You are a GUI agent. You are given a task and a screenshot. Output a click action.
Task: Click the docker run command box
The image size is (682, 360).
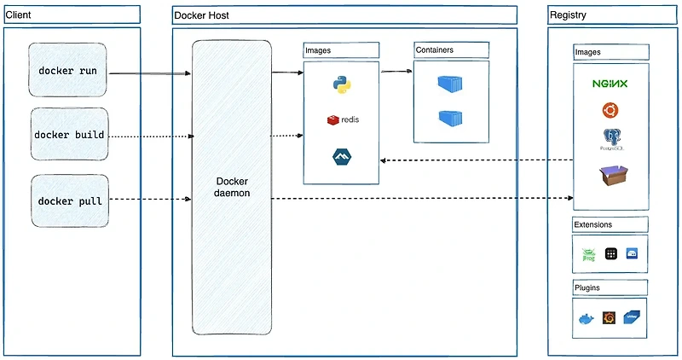(68, 70)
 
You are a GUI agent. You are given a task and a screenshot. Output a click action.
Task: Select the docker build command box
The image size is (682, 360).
(69, 135)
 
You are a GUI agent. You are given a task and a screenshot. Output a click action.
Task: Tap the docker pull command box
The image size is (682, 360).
(70, 200)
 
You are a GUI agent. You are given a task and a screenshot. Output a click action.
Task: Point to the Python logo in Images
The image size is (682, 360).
(342, 84)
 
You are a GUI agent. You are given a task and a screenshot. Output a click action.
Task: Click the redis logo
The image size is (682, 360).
(342, 119)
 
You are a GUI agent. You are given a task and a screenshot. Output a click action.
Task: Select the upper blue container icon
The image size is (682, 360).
(451, 84)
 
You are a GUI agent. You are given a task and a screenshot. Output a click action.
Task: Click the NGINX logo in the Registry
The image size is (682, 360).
(610, 84)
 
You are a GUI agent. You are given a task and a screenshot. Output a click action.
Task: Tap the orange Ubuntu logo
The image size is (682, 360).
(610, 110)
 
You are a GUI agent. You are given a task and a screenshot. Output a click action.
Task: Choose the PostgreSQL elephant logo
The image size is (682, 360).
(610, 139)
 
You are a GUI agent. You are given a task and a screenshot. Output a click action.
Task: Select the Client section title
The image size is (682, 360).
(19, 15)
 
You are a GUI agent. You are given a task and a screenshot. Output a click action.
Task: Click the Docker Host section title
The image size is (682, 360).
(201, 15)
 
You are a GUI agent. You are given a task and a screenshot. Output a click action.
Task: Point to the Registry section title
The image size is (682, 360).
(568, 15)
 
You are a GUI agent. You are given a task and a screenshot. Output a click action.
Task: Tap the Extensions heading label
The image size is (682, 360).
(593, 225)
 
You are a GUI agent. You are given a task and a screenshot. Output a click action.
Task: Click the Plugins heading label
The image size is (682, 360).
(588, 287)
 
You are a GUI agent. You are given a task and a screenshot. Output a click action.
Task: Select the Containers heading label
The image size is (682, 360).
(435, 50)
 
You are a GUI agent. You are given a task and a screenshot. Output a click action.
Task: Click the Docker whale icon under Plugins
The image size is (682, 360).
(587, 319)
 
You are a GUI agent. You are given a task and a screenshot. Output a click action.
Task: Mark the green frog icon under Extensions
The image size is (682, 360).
(588, 253)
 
